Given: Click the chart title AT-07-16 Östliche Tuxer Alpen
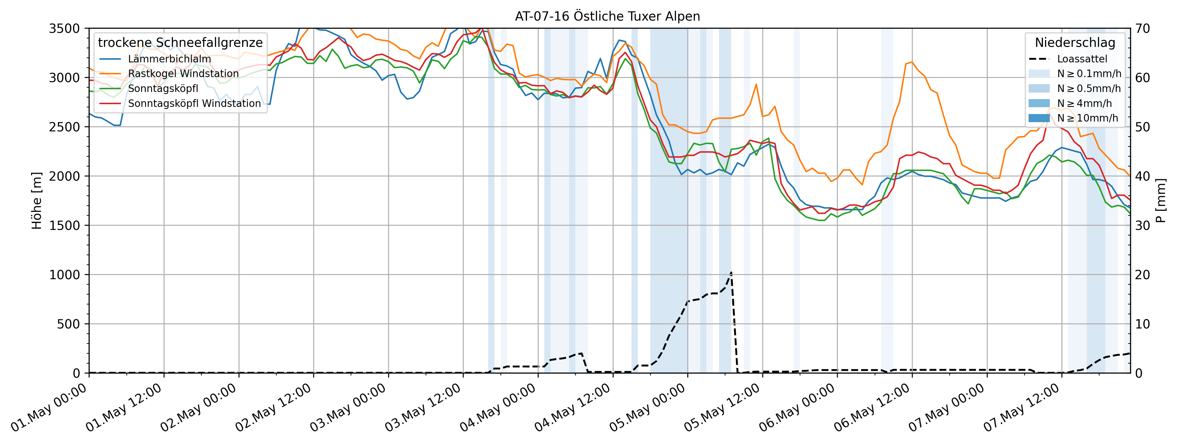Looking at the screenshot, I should point(607,16).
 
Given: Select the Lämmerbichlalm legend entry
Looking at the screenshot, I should point(169,59).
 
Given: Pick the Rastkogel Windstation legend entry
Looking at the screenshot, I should point(183,73).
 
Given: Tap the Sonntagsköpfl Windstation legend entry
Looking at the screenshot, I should point(194,103).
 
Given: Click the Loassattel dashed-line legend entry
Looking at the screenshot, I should point(1081,59).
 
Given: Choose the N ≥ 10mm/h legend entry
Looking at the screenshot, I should point(1087,118).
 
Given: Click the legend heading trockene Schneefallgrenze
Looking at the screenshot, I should point(180,42).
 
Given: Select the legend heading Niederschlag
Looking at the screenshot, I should point(1075,42).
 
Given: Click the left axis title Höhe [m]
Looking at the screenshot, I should point(36,201).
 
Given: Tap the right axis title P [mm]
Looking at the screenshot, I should point(1161,201).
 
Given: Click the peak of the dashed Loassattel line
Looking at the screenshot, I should point(731,272).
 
